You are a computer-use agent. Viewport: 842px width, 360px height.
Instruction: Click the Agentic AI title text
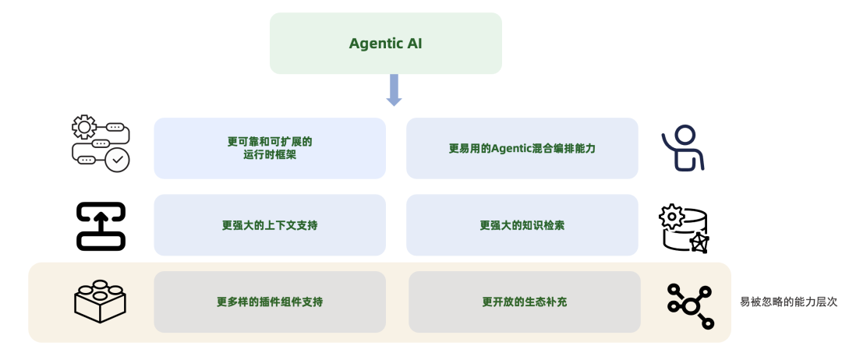(385, 44)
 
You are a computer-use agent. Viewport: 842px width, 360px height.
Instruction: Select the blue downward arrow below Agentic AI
(394, 90)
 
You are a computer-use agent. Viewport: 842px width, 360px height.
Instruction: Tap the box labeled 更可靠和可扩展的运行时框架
(270, 148)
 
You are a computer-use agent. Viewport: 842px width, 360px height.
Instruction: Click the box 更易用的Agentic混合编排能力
(522, 148)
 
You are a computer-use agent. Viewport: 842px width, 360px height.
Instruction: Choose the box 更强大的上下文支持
(270, 225)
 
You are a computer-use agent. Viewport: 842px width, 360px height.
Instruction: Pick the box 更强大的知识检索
(522, 225)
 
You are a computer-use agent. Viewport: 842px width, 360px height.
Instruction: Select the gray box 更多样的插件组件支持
(270, 302)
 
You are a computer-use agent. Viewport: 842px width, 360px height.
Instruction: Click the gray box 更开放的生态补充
(524, 302)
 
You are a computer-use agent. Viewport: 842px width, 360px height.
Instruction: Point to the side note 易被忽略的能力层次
(788, 302)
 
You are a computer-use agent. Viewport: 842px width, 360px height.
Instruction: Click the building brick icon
(101, 300)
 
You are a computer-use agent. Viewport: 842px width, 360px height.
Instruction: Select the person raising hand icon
(684, 148)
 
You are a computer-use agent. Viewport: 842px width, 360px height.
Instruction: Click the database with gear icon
(684, 228)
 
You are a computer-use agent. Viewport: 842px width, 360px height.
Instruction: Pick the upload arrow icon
(101, 226)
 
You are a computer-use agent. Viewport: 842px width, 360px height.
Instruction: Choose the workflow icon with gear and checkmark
(101, 144)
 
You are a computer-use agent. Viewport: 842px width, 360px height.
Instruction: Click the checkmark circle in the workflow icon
(118, 161)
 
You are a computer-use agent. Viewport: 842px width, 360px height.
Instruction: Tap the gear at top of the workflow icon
(83, 127)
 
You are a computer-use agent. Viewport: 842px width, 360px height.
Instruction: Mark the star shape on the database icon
(699, 243)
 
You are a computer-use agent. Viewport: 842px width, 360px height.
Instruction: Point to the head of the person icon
(685, 135)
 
